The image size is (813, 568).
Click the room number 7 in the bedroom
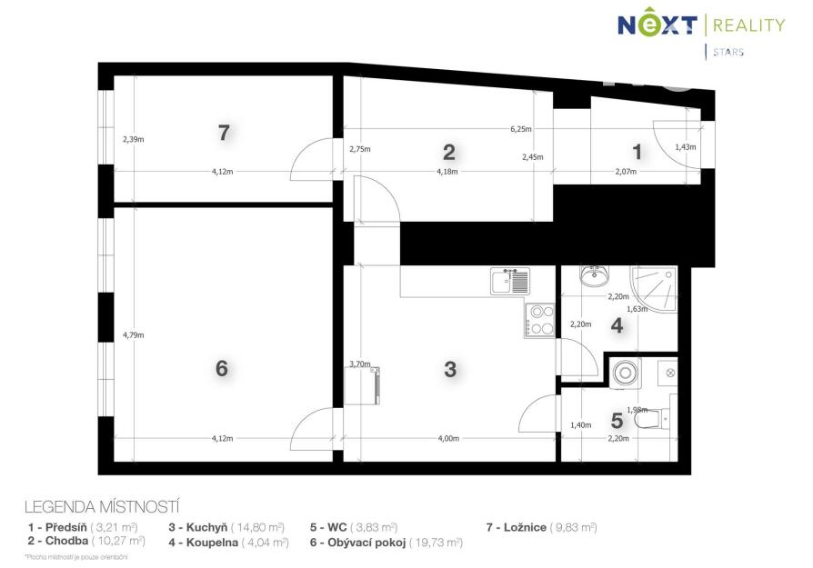tap(224, 133)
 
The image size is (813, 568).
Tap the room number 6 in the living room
tap(221, 368)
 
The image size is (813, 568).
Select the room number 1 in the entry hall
tap(637, 153)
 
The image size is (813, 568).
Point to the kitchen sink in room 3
tap(510, 282)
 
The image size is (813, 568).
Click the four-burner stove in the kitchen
tap(540, 320)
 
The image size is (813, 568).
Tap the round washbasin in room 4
tap(594, 275)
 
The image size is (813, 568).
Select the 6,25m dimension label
tap(520, 129)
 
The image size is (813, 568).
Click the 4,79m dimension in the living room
tap(134, 334)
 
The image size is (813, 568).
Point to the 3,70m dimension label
tap(360, 364)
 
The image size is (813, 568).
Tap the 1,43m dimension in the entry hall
tap(686, 146)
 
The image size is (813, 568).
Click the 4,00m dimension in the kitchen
tap(448, 438)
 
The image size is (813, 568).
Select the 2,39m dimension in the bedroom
tap(134, 139)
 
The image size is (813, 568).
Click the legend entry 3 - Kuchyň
tap(226, 528)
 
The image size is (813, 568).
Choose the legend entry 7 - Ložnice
tap(542, 528)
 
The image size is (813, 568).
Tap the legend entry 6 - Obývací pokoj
tap(386, 543)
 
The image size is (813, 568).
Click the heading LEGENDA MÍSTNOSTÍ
tap(102, 506)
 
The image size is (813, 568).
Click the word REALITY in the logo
tap(749, 25)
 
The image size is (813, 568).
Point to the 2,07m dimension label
tap(626, 172)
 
